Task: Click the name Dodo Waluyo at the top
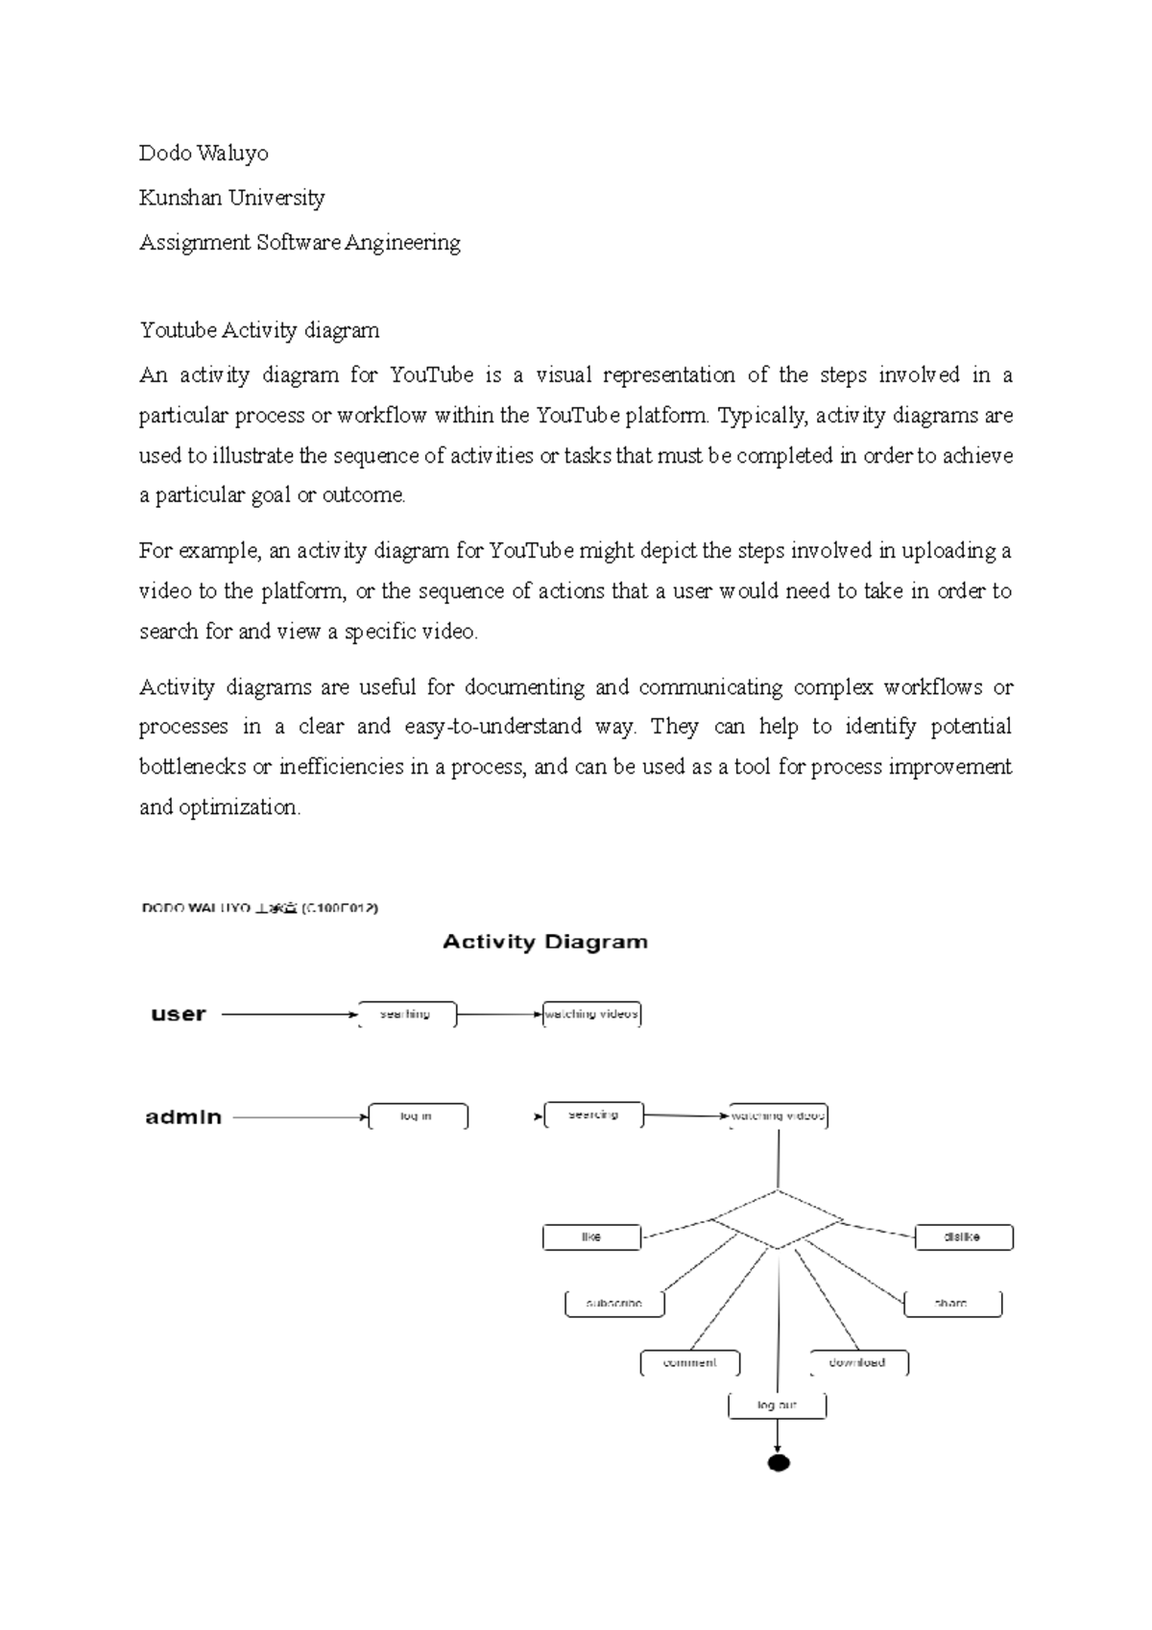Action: coord(204,154)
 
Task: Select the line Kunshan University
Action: coord(231,198)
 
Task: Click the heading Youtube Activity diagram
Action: coord(259,330)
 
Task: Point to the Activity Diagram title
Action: coord(544,942)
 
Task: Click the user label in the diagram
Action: coord(179,1015)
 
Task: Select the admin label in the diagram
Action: coord(183,1116)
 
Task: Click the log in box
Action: coord(418,1116)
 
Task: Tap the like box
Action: coord(591,1236)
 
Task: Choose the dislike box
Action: coord(963,1236)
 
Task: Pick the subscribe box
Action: coord(614,1304)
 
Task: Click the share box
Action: coord(952,1304)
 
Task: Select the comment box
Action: coord(690,1362)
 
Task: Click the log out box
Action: coord(777,1405)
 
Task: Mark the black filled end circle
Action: coord(779,1463)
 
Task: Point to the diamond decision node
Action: coord(778,1220)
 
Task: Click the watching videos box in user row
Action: coord(591,1014)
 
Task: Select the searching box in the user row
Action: coord(406,1014)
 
